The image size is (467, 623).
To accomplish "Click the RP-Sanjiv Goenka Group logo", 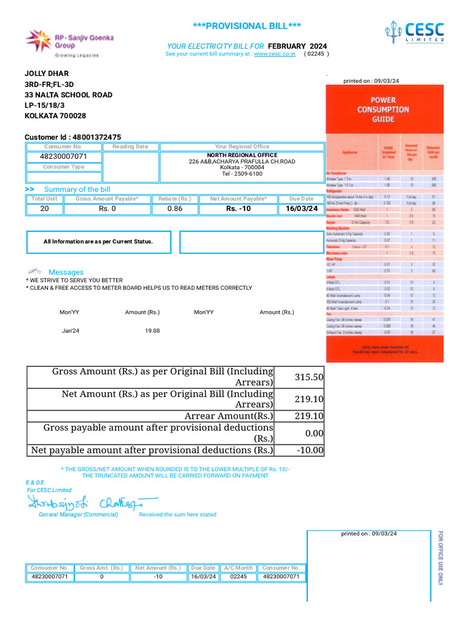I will tap(62, 43).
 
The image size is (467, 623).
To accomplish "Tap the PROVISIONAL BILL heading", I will tap(246, 26).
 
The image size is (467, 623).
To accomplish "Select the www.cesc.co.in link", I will tap(274, 54).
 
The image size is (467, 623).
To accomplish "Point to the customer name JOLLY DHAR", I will tap(46, 74).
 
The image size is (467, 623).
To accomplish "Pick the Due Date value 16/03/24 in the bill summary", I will tap(301, 209).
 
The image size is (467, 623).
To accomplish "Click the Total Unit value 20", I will tap(44, 209).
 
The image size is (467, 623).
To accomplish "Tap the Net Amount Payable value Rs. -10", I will tap(238, 209).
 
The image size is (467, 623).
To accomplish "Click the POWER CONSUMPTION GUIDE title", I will tap(383, 109).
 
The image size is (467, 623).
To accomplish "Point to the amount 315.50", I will tap(309, 377).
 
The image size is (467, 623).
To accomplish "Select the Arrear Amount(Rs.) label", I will tap(229, 416).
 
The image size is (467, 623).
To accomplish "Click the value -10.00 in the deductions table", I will tap(310, 451).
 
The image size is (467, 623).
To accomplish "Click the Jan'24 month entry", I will tap(71, 330).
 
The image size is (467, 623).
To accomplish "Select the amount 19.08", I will tap(152, 330).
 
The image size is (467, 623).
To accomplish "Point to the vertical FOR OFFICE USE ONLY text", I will tap(441, 558).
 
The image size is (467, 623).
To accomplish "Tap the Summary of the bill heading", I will tap(77, 189).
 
